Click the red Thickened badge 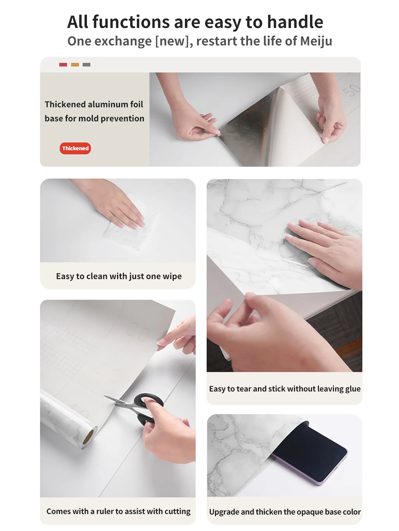[x=75, y=148]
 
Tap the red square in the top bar [x=63, y=65]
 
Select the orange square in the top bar [x=75, y=65]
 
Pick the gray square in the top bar [x=86, y=65]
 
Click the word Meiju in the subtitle [x=316, y=41]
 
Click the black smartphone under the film [x=310, y=452]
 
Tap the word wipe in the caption [x=172, y=276]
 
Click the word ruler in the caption [x=105, y=511]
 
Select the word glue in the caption [x=353, y=389]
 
